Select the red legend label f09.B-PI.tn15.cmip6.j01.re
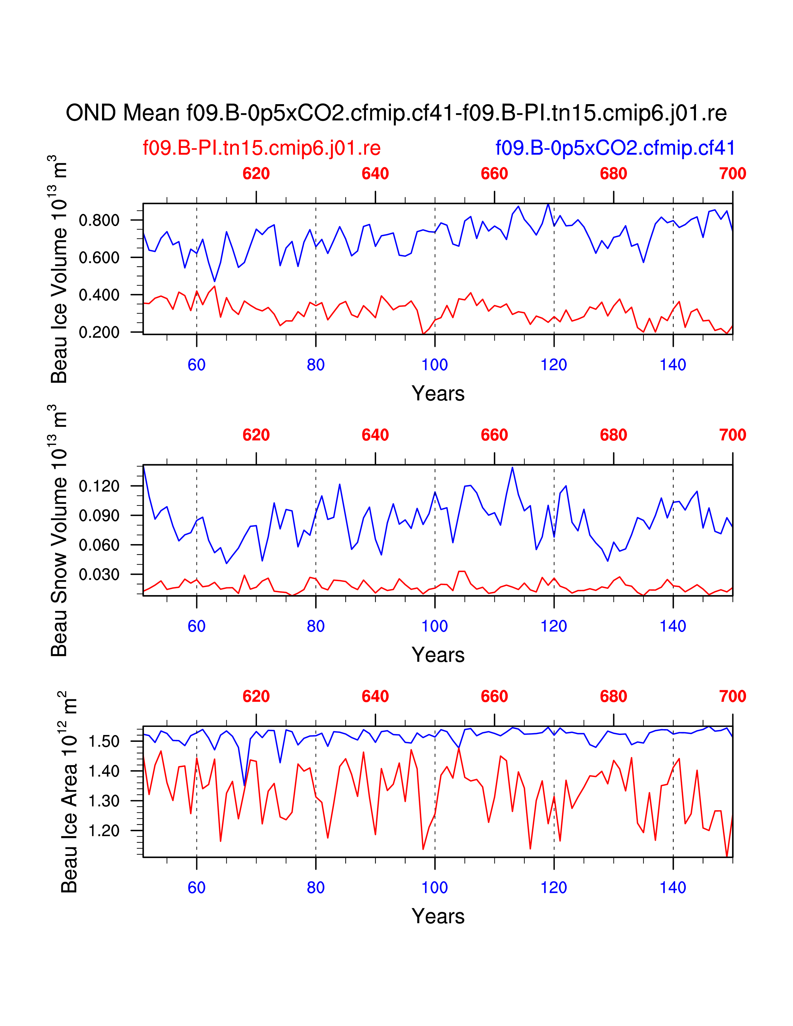pyautogui.click(x=262, y=148)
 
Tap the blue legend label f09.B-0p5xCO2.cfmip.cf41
pyautogui.click(x=615, y=148)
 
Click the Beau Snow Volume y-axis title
pyautogui.click(x=60, y=530)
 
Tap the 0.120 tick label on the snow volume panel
pyautogui.click(x=99, y=486)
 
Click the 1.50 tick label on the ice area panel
pyautogui.click(x=104, y=741)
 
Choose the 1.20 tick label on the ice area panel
pyautogui.click(x=104, y=830)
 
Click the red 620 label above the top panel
pyautogui.click(x=256, y=174)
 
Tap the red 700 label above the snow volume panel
pyautogui.click(x=732, y=435)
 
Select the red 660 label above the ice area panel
pyautogui.click(x=494, y=696)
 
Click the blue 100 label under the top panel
pyautogui.click(x=434, y=365)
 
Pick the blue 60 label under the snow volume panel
pyautogui.click(x=196, y=626)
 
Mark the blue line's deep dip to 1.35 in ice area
pyautogui.click(x=244, y=785)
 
